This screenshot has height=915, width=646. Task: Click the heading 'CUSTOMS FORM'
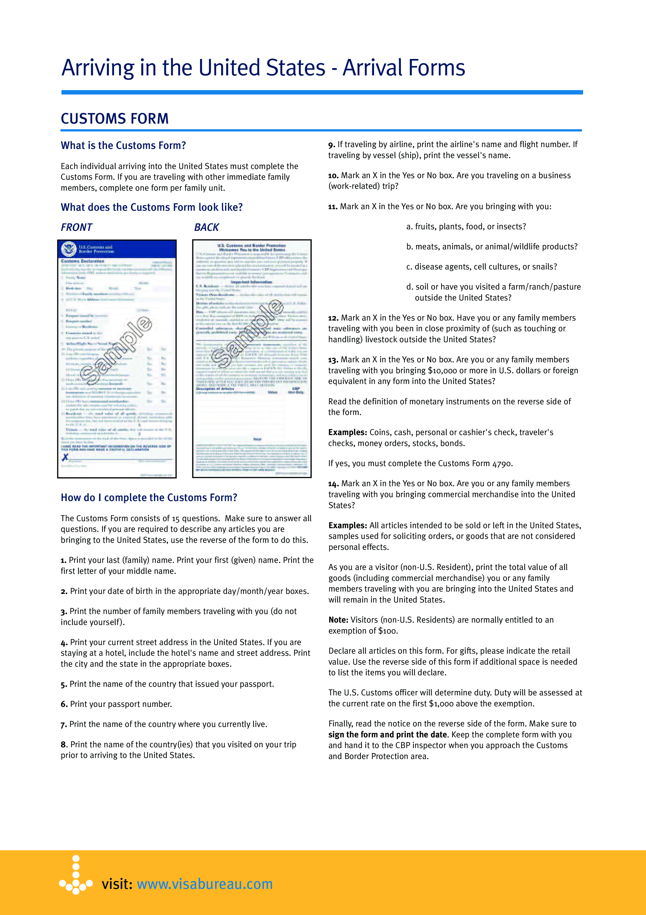point(115,119)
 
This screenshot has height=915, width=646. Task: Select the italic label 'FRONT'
point(76,227)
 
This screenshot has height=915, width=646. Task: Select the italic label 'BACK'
point(206,227)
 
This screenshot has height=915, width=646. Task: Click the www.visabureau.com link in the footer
point(204,884)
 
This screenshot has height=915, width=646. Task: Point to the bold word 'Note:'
point(338,620)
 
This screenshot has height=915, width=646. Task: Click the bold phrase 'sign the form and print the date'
point(388,735)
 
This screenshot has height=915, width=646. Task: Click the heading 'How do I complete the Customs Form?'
point(149,498)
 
